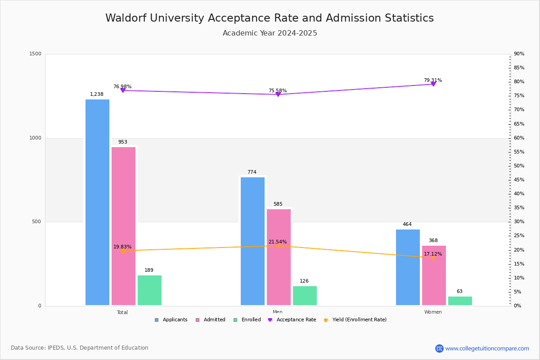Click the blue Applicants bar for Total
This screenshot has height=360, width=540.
point(97,202)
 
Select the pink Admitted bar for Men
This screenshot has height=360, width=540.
point(279,257)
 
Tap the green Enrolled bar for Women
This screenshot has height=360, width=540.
point(460,301)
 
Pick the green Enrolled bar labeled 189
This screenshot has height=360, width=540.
point(149,290)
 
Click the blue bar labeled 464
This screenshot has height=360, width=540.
point(408,267)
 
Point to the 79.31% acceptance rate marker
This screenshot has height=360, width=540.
point(433,84)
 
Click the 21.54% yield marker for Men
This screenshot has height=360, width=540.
point(278,246)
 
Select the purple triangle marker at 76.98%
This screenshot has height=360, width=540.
point(123,90)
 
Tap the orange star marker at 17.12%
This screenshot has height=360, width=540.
point(433,258)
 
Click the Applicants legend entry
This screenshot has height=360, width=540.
point(171,320)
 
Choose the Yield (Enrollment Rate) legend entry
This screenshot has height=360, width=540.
point(355,320)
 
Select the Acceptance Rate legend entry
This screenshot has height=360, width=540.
point(292,320)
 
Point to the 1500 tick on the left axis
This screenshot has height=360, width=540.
point(35,54)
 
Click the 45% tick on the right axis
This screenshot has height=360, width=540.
point(519,180)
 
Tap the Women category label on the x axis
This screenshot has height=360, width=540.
point(433,312)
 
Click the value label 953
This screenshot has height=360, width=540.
point(123,142)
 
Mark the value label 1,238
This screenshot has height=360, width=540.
point(97,94)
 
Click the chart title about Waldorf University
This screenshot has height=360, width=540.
point(270,18)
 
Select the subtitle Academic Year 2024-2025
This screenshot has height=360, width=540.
point(270,33)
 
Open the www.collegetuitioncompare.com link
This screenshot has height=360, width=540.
point(487,348)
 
